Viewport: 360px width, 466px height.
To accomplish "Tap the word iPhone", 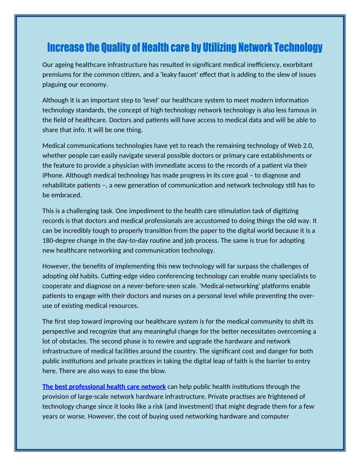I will tap(53, 175).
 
